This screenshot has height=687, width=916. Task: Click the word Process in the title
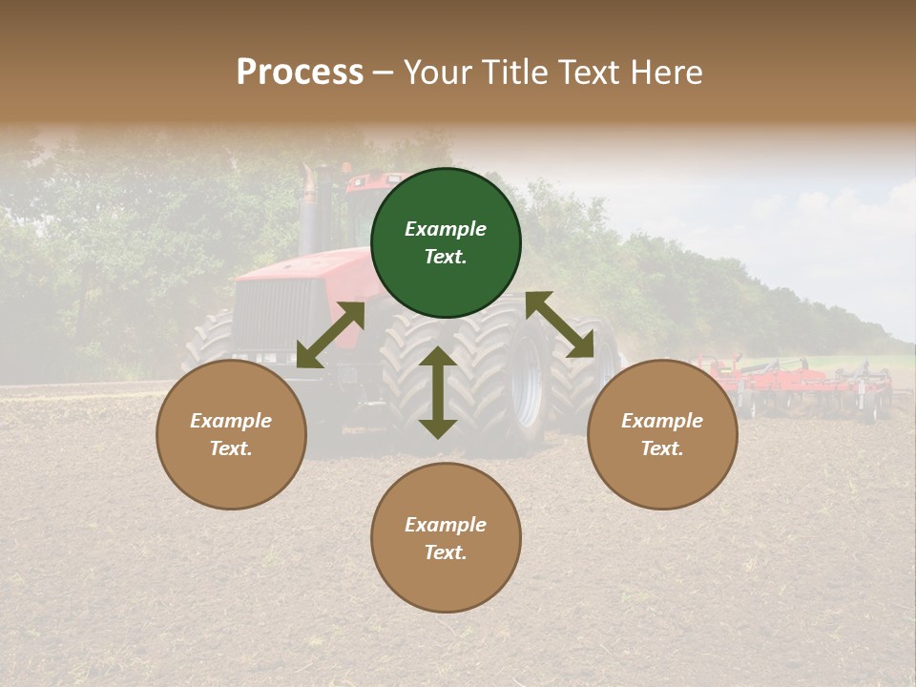(x=300, y=73)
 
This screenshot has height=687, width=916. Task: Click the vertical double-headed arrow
(x=438, y=392)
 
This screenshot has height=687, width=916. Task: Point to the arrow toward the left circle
(x=330, y=334)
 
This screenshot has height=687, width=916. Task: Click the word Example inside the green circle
(x=446, y=229)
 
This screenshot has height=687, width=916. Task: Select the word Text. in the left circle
(x=231, y=448)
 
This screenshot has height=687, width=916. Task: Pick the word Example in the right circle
(x=662, y=421)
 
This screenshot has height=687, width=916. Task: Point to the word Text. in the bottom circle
(x=446, y=552)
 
